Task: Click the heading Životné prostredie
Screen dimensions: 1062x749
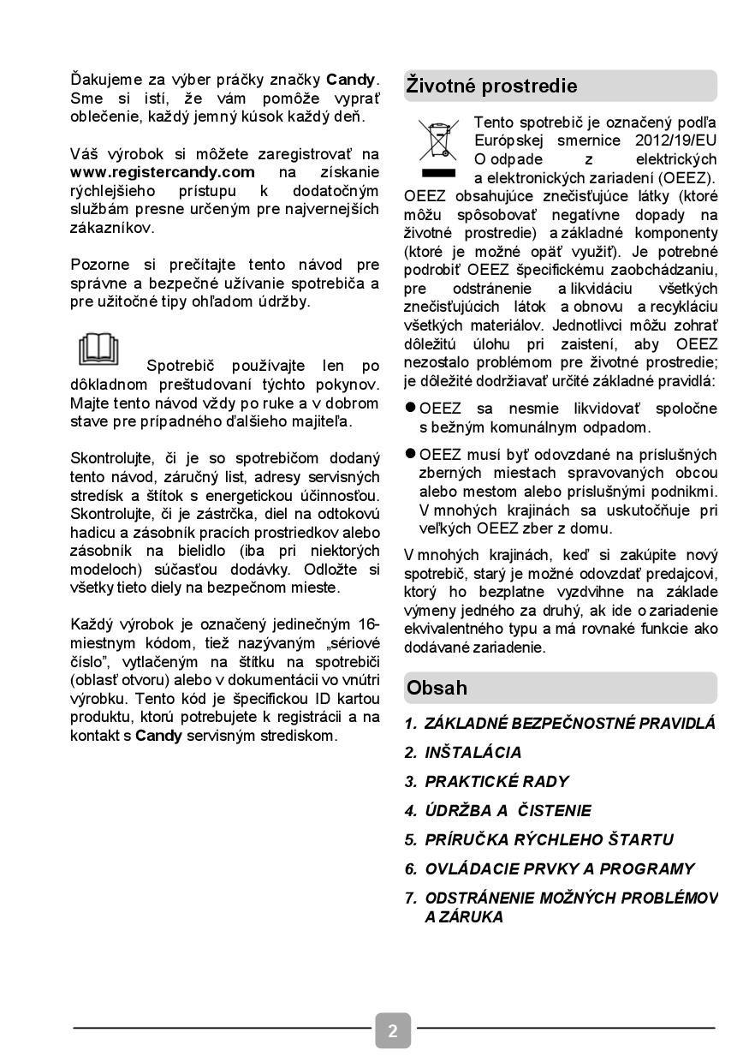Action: tap(491, 87)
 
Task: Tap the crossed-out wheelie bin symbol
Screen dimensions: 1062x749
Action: tap(438, 141)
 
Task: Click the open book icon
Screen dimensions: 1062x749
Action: tap(99, 349)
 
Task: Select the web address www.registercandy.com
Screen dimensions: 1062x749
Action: tap(163, 172)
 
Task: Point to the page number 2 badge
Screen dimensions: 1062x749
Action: tap(393, 1030)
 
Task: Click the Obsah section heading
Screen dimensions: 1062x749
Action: tap(437, 688)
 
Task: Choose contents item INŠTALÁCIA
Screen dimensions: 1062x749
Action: tap(473, 753)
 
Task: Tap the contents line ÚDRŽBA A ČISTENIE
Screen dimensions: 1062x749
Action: tap(508, 811)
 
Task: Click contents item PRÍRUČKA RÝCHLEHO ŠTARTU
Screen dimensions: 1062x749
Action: tap(549, 840)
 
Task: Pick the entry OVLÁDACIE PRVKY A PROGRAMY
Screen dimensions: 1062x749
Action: tap(560, 869)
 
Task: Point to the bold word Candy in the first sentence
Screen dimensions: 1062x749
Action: tap(351, 80)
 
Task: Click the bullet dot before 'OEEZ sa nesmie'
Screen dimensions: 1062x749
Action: tap(411, 409)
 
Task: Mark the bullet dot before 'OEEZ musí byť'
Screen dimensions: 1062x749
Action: tap(411, 454)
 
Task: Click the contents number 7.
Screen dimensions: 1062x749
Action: tap(411, 898)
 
